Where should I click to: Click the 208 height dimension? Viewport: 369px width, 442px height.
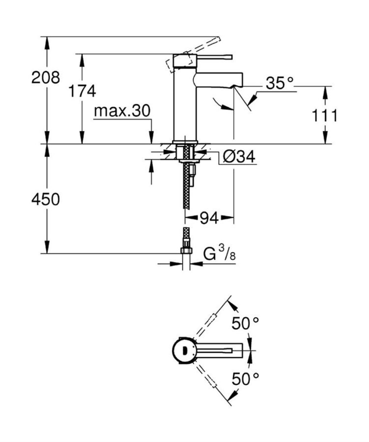(46, 77)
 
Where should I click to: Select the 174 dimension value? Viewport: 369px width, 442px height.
(82, 91)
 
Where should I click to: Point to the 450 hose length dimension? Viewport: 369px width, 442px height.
(46, 199)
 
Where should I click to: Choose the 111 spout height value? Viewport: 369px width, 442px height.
(324, 116)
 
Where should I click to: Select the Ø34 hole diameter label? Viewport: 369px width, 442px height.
(239, 157)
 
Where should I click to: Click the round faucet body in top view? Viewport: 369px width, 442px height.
(183, 350)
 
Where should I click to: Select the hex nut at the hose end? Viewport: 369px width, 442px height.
(186, 251)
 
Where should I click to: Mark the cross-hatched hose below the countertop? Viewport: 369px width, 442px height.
(186, 184)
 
